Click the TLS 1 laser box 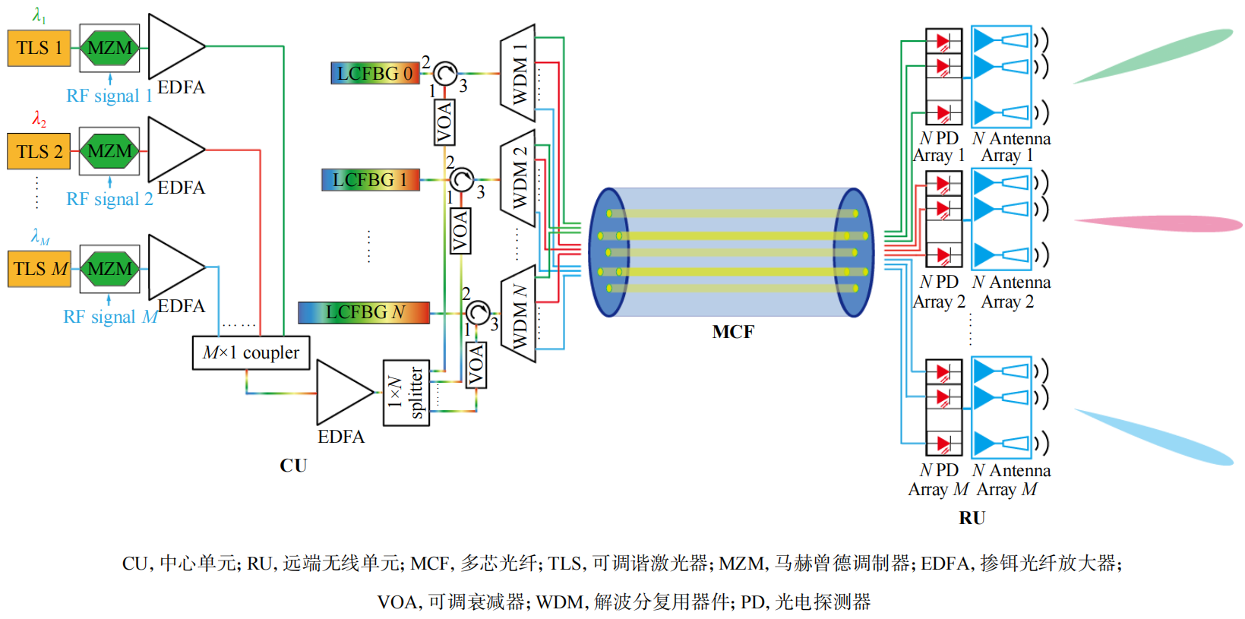tap(39, 48)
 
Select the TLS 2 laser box tap(39, 151)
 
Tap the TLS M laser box tap(39, 269)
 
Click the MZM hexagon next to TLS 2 tap(109, 151)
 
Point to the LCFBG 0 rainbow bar tap(375, 73)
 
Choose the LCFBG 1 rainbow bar tap(370, 180)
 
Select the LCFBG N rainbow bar tap(364, 312)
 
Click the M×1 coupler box tap(251, 352)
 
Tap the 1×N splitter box tap(406, 393)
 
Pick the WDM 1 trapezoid tap(518, 73)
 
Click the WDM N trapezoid tap(518, 314)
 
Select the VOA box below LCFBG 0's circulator tap(444, 122)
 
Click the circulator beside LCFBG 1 tap(461, 180)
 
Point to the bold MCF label tap(733, 332)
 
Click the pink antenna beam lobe tap(1158, 223)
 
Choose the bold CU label tap(293, 466)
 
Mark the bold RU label tap(972, 518)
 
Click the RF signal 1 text tap(109, 96)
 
